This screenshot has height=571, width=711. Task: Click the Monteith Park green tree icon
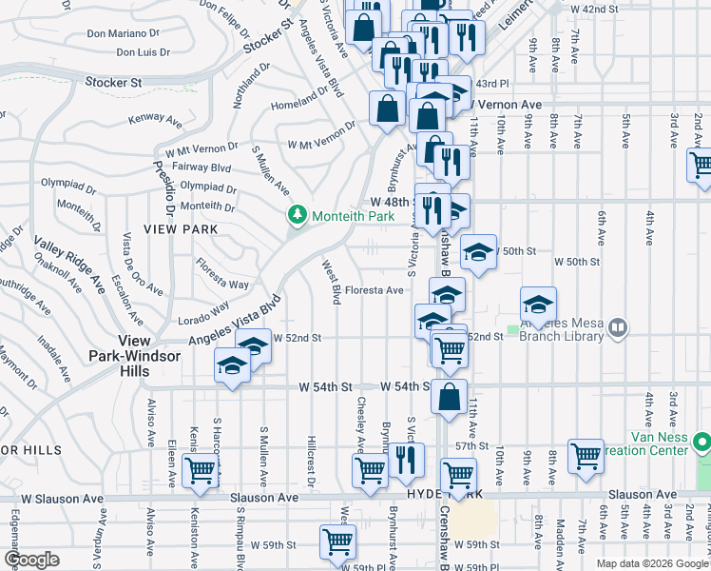pos(298,217)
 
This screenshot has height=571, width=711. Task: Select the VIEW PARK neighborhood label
pos(181,229)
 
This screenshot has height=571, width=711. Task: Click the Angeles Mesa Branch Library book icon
pos(618,329)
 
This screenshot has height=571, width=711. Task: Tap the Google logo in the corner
pos(31,560)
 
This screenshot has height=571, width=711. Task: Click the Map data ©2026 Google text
pos(651,563)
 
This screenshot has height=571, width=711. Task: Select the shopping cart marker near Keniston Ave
pos(200,470)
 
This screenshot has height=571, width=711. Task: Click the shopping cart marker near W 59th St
pos(337,541)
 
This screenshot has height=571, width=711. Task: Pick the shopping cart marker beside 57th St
pos(586,455)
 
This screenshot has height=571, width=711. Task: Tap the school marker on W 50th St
pos(478,252)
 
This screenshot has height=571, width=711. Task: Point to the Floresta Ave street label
pos(375,290)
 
